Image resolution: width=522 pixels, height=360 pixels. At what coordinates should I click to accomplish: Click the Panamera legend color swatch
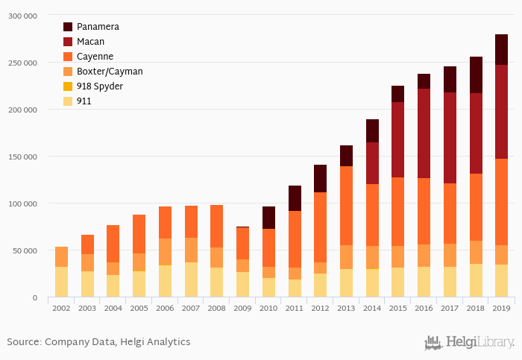69,27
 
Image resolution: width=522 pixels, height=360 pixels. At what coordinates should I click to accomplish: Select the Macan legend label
91,42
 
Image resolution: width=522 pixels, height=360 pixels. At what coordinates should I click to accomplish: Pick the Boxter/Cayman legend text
110,72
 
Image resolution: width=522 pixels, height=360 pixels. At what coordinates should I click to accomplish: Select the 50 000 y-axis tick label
25,250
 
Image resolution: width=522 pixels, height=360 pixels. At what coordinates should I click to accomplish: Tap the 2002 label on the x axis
61,307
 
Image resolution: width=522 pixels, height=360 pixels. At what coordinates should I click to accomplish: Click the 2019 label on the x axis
502,307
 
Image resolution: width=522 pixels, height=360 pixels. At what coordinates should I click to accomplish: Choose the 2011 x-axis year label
295,307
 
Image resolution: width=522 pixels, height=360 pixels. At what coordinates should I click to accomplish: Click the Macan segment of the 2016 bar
424,133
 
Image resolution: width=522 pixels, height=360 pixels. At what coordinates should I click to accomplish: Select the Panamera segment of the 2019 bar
502,49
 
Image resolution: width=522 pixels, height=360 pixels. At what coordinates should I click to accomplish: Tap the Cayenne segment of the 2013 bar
346,206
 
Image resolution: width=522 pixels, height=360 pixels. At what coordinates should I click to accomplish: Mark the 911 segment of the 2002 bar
61,282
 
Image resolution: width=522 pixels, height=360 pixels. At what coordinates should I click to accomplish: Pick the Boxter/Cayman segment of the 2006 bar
165,252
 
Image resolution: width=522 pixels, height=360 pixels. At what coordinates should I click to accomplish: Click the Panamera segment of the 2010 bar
268,218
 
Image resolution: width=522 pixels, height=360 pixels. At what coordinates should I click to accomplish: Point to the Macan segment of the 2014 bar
372,163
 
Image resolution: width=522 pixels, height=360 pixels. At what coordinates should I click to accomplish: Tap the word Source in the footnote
24,342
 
